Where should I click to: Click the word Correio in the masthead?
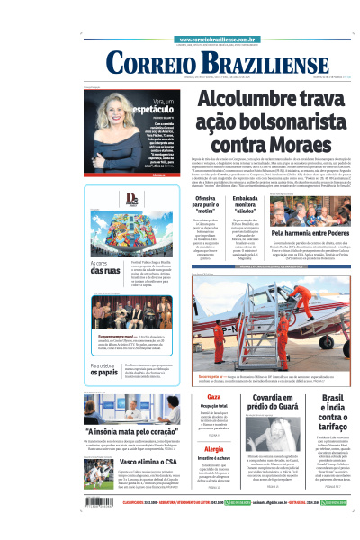(148, 65)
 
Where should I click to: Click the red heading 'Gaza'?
(214, 397)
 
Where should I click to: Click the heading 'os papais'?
(107, 371)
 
